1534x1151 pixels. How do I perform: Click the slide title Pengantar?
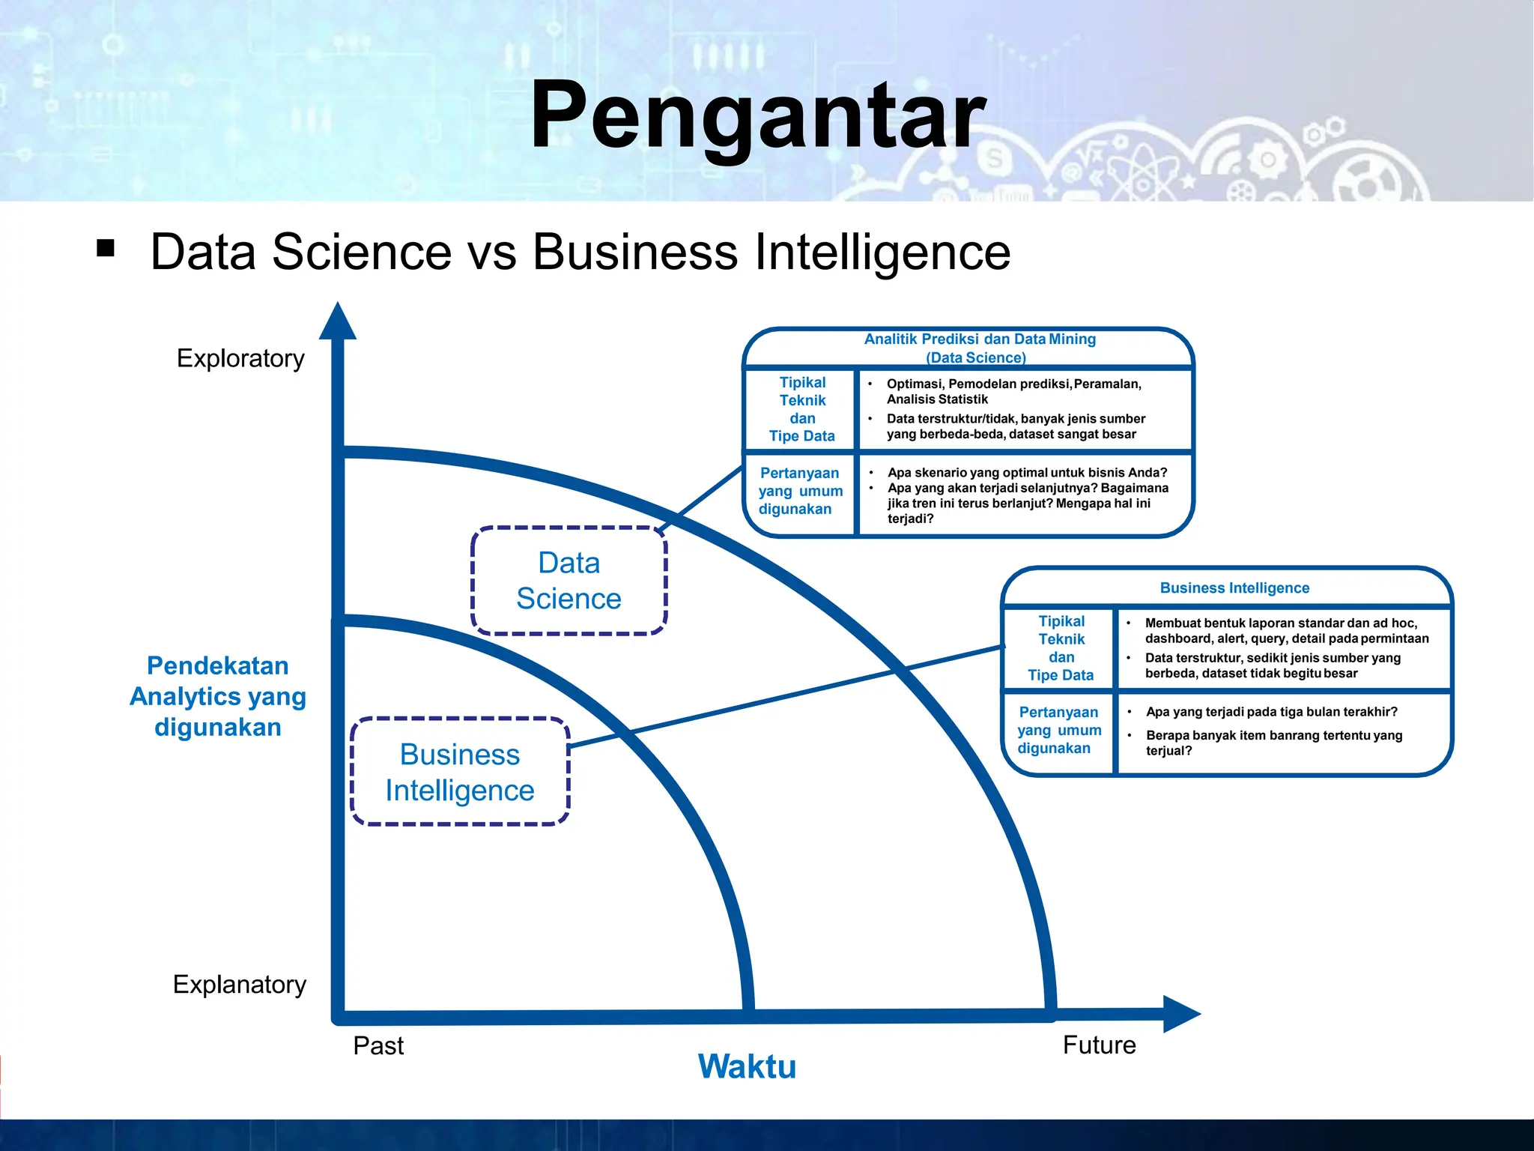point(758,117)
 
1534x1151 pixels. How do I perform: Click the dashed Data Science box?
point(569,581)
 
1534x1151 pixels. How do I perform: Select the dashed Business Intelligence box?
point(460,772)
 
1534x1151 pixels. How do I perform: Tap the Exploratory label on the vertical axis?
point(240,358)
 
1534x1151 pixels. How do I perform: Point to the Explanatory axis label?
point(240,984)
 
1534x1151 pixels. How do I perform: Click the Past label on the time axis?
point(378,1045)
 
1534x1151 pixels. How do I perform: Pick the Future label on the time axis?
point(1099,1045)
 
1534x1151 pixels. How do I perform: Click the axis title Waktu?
point(747,1066)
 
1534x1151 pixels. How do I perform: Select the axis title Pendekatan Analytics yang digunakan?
point(218,696)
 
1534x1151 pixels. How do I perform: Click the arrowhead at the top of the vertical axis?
point(338,322)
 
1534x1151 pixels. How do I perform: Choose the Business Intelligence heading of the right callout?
point(1234,588)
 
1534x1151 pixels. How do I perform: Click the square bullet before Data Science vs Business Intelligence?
point(106,248)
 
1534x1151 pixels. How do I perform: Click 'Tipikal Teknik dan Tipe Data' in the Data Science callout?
point(802,409)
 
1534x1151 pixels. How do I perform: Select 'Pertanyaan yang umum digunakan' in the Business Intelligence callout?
point(1058,730)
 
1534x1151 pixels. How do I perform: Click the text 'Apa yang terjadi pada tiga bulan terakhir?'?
point(1271,712)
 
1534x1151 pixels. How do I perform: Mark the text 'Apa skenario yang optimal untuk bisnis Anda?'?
point(1027,473)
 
